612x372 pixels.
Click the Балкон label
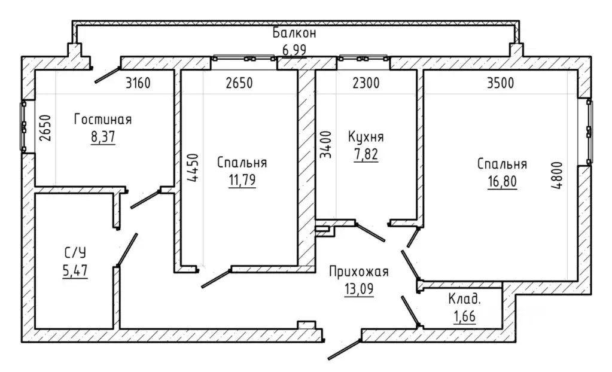tap(294, 33)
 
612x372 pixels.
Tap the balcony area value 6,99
tap(294, 50)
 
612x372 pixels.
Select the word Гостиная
tap(103, 120)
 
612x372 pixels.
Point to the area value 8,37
tap(103, 137)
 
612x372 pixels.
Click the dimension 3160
tap(138, 83)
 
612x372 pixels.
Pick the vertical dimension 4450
tap(193, 168)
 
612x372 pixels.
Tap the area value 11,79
tap(242, 180)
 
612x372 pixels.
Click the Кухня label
tap(366, 137)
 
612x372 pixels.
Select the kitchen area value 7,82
tap(366, 154)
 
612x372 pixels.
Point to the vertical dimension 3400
tap(325, 144)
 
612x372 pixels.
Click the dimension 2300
tap(366, 83)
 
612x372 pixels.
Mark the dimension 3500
tap(501, 83)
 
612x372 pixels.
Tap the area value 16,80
tap(502, 181)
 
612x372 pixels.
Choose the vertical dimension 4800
tap(558, 175)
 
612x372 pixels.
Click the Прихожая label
tap(359, 272)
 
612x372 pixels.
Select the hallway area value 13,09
tap(359, 289)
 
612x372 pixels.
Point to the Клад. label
tap(464, 300)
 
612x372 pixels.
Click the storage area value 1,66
tap(464, 316)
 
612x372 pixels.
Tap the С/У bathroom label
tap(75, 253)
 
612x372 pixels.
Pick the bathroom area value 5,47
tap(75, 270)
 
